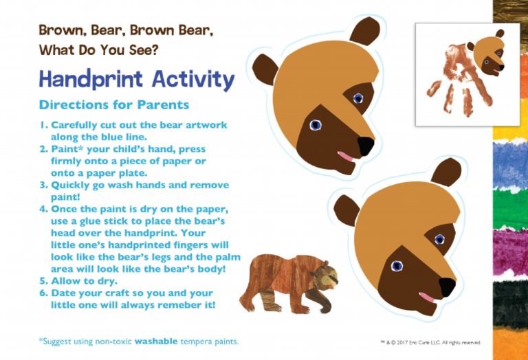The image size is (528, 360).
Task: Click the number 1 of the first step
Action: click(43, 126)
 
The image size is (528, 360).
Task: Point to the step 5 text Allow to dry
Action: click(84, 281)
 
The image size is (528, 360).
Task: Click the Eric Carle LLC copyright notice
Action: click(430, 341)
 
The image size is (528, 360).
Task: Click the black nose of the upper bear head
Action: click(366, 145)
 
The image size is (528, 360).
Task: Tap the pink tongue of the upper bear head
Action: click(346, 158)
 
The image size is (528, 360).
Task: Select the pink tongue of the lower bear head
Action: click(428, 297)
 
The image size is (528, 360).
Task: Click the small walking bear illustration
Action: click(287, 282)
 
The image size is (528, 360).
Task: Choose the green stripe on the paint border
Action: click(510, 209)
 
